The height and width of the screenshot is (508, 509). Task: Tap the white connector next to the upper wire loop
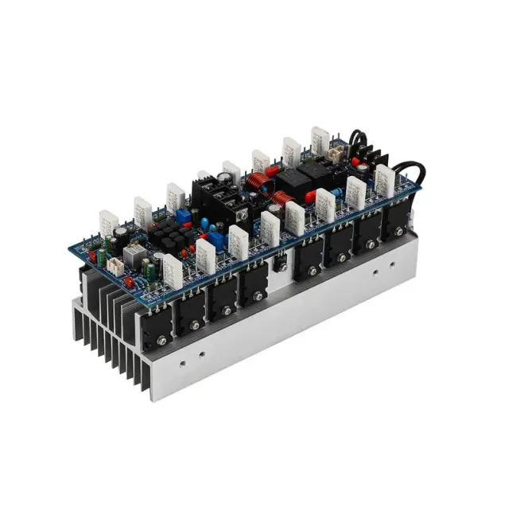336,152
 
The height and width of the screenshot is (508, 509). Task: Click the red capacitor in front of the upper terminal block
356,168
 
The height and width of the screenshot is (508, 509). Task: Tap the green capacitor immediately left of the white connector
103,260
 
